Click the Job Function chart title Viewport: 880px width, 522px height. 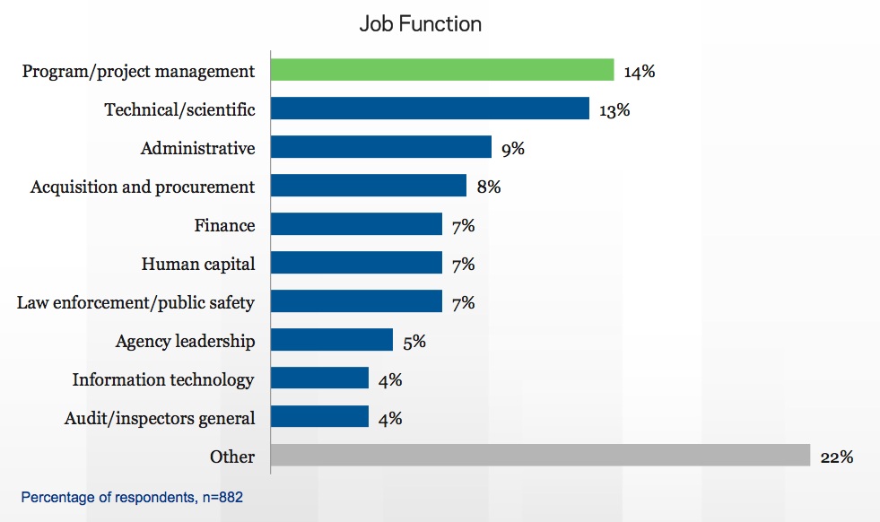(x=420, y=24)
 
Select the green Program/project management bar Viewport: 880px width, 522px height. (x=442, y=70)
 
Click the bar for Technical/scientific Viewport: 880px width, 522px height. (x=430, y=109)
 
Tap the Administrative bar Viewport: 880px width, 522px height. (x=381, y=147)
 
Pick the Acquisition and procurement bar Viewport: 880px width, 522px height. (x=369, y=186)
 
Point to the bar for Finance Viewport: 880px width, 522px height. (x=356, y=224)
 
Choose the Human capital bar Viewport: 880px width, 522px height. (x=356, y=263)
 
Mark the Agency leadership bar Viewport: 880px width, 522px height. (x=332, y=340)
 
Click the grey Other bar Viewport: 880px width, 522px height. (x=540, y=456)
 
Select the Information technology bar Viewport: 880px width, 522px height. (x=319, y=378)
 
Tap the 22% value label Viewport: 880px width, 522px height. (x=836, y=457)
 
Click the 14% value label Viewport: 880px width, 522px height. (x=640, y=72)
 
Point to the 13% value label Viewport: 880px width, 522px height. (x=614, y=110)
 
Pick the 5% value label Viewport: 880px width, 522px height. (x=414, y=342)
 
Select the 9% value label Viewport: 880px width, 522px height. (x=512, y=149)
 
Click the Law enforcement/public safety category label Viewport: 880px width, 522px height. (x=135, y=302)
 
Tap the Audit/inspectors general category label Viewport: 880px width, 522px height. (x=160, y=418)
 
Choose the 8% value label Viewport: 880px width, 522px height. (x=488, y=187)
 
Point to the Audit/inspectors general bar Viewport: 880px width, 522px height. (x=319, y=417)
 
